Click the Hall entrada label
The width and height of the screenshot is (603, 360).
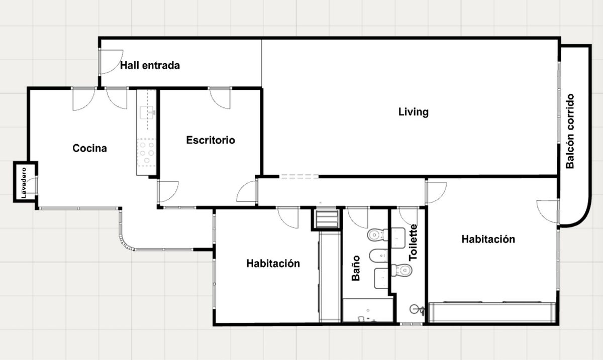click(150, 65)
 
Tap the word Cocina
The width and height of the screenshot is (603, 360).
click(89, 148)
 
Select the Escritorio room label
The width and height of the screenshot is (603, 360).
click(211, 140)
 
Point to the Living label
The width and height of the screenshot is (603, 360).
click(414, 112)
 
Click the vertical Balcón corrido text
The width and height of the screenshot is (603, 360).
click(570, 132)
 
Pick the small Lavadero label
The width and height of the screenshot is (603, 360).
click(24, 183)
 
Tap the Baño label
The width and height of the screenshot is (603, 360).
click(356, 268)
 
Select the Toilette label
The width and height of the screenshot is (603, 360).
click(413, 243)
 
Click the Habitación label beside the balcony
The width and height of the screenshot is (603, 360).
click(488, 239)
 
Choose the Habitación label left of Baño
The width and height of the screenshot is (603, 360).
click(273, 264)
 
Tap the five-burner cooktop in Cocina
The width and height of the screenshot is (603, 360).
click(147, 153)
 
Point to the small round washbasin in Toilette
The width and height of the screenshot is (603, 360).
click(417, 310)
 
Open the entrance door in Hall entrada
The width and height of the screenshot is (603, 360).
click(111, 62)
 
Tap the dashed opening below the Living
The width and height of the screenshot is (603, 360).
click(299, 177)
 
